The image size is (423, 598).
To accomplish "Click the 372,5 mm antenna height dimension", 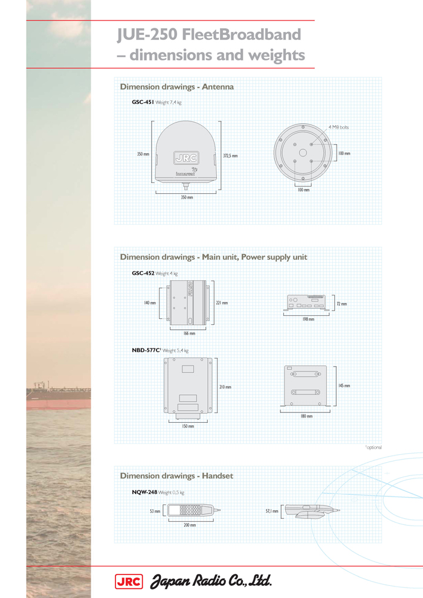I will (230, 156).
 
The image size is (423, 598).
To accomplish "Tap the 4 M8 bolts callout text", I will (338, 127).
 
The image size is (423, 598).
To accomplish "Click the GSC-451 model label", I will (143, 103).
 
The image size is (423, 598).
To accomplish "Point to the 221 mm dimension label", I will (222, 303).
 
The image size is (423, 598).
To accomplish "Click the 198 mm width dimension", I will (308, 319).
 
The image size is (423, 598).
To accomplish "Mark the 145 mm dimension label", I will (344, 385).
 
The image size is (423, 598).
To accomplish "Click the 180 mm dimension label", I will (306, 416).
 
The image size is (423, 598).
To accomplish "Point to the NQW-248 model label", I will (144, 492).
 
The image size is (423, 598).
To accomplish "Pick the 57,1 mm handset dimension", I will (272, 511).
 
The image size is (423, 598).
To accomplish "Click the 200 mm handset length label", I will (189, 526).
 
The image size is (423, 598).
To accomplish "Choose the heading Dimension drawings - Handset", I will (176, 476).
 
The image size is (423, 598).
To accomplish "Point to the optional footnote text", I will (374, 448).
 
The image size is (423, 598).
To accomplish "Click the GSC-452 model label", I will (143, 273).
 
